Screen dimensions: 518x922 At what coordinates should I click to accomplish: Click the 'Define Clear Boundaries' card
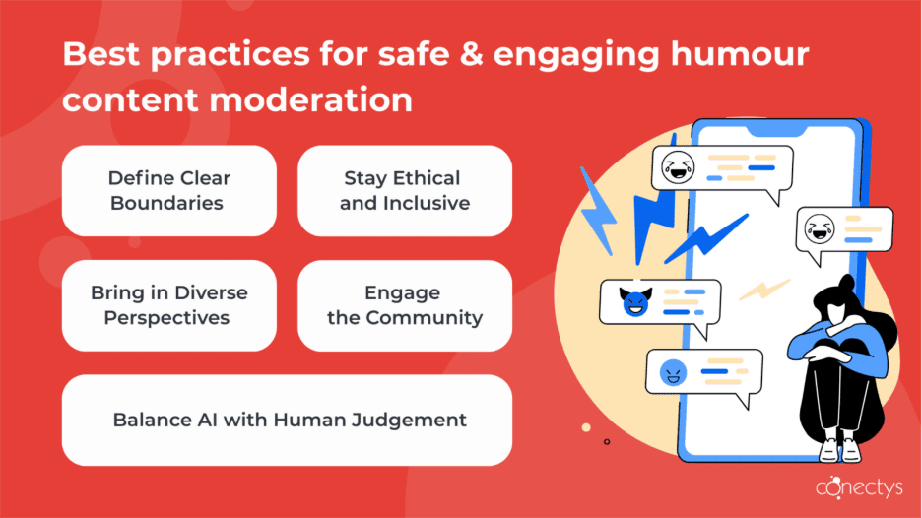[x=168, y=191]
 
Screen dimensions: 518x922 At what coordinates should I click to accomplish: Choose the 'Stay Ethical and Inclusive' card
[x=405, y=191]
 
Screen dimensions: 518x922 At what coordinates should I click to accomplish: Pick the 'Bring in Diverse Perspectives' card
[x=168, y=305]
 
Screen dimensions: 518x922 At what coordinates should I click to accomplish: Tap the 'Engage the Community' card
[x=405, y=305]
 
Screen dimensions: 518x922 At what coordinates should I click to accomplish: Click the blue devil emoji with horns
[x=634, y=301]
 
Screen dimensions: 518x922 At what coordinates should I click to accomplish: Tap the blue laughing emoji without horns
[x=674, y=371]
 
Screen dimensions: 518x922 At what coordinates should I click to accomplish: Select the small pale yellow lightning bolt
[x=765, y=290]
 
